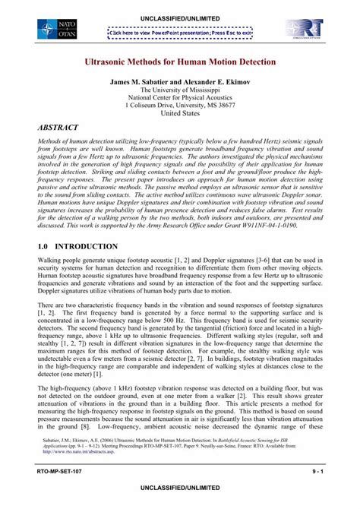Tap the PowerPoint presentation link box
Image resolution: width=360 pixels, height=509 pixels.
pyautogui.click(x=179, y=33)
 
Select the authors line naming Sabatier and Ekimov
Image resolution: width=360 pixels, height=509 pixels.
pyautogui.click(x=179, y=80)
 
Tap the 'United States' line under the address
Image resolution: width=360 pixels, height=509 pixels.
pyautogui.click(x=179, y=113)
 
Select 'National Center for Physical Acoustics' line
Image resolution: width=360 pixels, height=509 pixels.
pyautogui.click(x=179, y=97)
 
